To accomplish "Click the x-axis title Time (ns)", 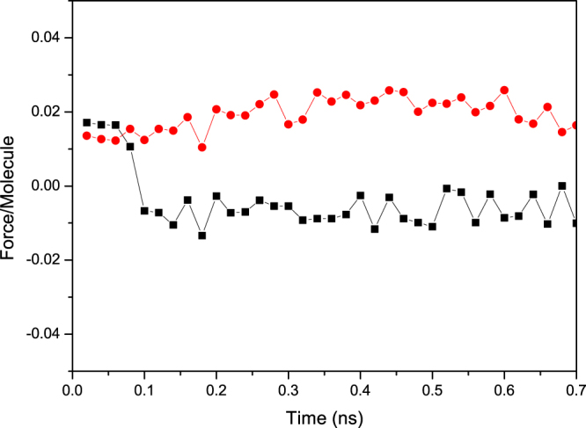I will click(x=323, y=414).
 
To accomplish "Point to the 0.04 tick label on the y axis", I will click(x=44, y=38).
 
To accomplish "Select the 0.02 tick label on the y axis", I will click(x=44, y=112).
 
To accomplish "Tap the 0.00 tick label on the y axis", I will click(x=44, y=185).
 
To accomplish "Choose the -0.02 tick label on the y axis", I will click(x=42, y=260).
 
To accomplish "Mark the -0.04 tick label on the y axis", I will click(x=42, y=334).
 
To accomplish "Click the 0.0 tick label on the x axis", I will click(x=72, y=388).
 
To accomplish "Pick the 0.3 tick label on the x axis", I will click(x=288, y=388).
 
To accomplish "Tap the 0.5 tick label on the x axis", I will click(x=432, y=388).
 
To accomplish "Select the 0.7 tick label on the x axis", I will click(x=574, y=388).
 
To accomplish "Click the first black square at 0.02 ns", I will click(x=86, y=122).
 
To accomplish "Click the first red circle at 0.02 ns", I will click(x=86, y=135).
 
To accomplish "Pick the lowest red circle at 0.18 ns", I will click(x=201, y=148).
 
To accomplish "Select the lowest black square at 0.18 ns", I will click(x=201, y=236).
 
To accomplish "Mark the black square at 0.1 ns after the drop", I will click(x=144, y=210).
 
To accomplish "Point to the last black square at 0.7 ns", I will click(x=575, y=222).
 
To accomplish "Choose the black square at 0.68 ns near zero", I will click(x=561, y=185).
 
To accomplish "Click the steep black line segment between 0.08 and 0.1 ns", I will click(x=137, y=178).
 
